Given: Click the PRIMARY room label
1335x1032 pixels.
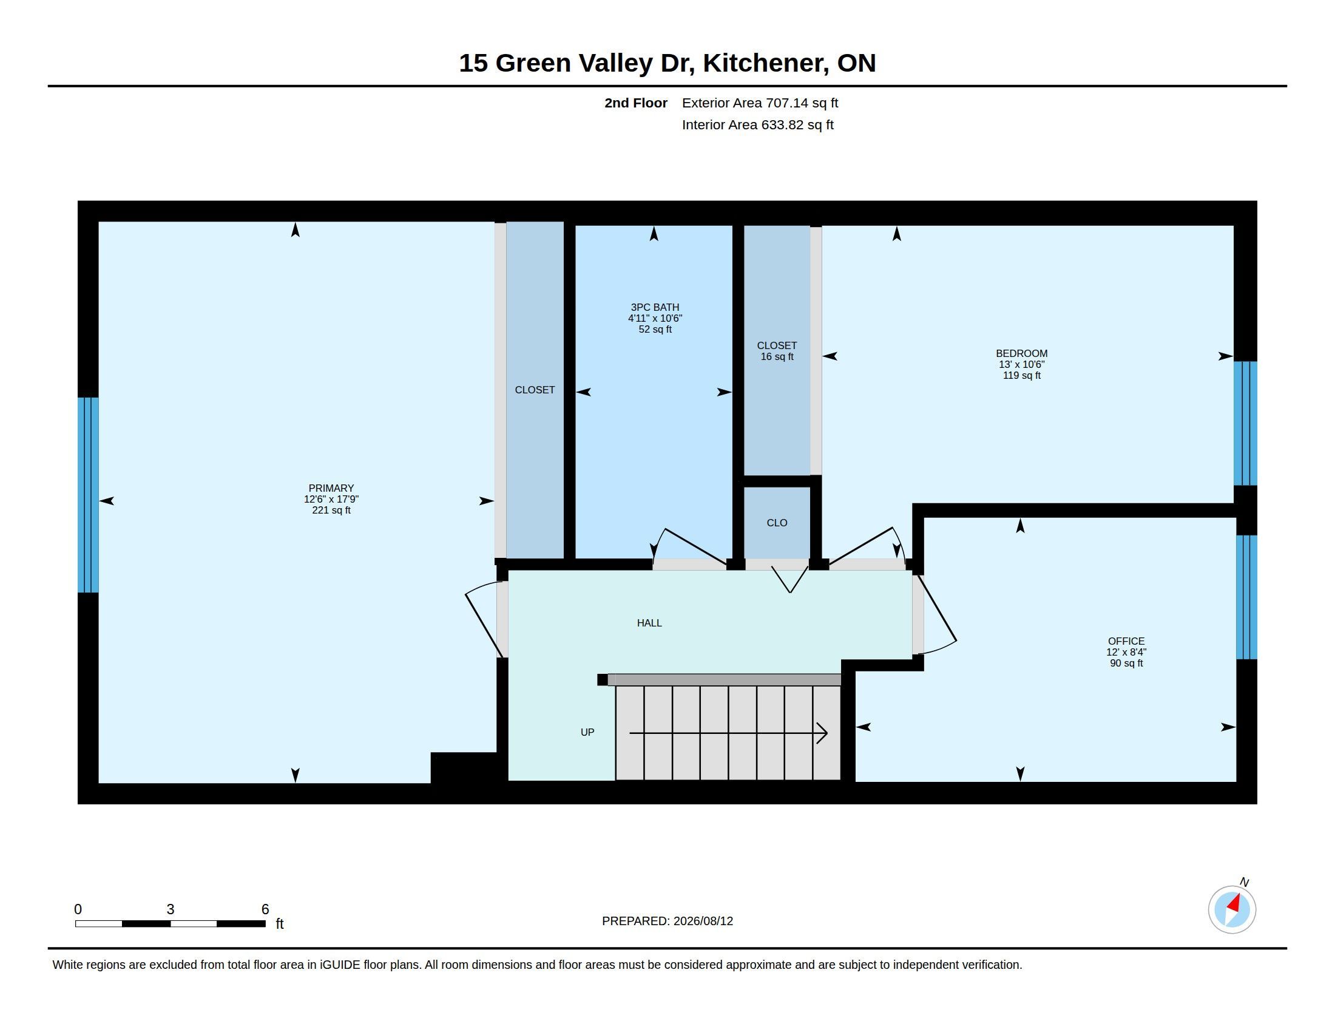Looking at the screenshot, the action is pos(331,488).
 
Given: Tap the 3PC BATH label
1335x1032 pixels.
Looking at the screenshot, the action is pos(655,307).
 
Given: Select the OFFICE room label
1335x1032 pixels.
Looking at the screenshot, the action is pos(1126,640).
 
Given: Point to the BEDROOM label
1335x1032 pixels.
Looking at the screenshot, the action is pos(1021,353).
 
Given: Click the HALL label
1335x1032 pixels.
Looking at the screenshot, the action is pos(649,623).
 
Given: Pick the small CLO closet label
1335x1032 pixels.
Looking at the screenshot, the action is pos(777,523).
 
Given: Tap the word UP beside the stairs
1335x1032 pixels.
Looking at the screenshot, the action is pos(587,732).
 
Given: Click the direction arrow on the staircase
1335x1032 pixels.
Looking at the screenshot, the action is pos(728,733).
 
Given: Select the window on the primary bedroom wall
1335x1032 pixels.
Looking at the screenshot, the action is pos(88,495).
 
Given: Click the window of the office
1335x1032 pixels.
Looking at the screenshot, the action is pos(1246,597).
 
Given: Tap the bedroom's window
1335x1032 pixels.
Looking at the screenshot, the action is pos(1245,423).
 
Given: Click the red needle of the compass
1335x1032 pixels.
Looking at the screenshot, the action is pos(1234,904).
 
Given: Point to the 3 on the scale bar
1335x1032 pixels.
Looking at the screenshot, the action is pos(171,909).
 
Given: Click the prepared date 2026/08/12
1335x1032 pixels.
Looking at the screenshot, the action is pos(703,921).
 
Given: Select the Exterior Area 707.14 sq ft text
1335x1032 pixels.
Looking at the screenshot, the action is pos(760,103).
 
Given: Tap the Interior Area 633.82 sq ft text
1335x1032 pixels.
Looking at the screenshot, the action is pos(757,124).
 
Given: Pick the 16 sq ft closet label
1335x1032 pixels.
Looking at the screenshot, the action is pos(777,356).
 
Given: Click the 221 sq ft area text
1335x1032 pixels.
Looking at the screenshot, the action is pos(331,510).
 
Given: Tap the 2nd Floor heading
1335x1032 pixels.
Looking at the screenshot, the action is pos(636,103).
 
